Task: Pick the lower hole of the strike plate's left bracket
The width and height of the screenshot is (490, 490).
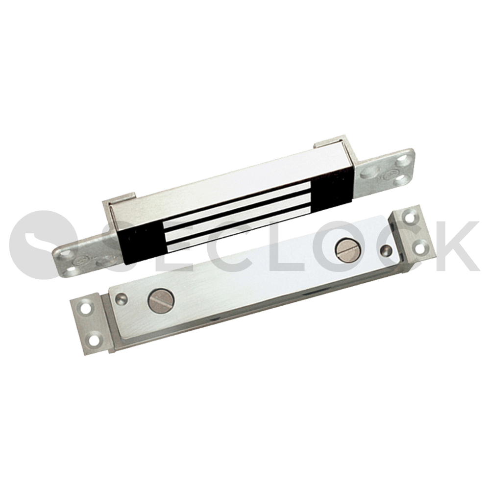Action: [94, 340]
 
